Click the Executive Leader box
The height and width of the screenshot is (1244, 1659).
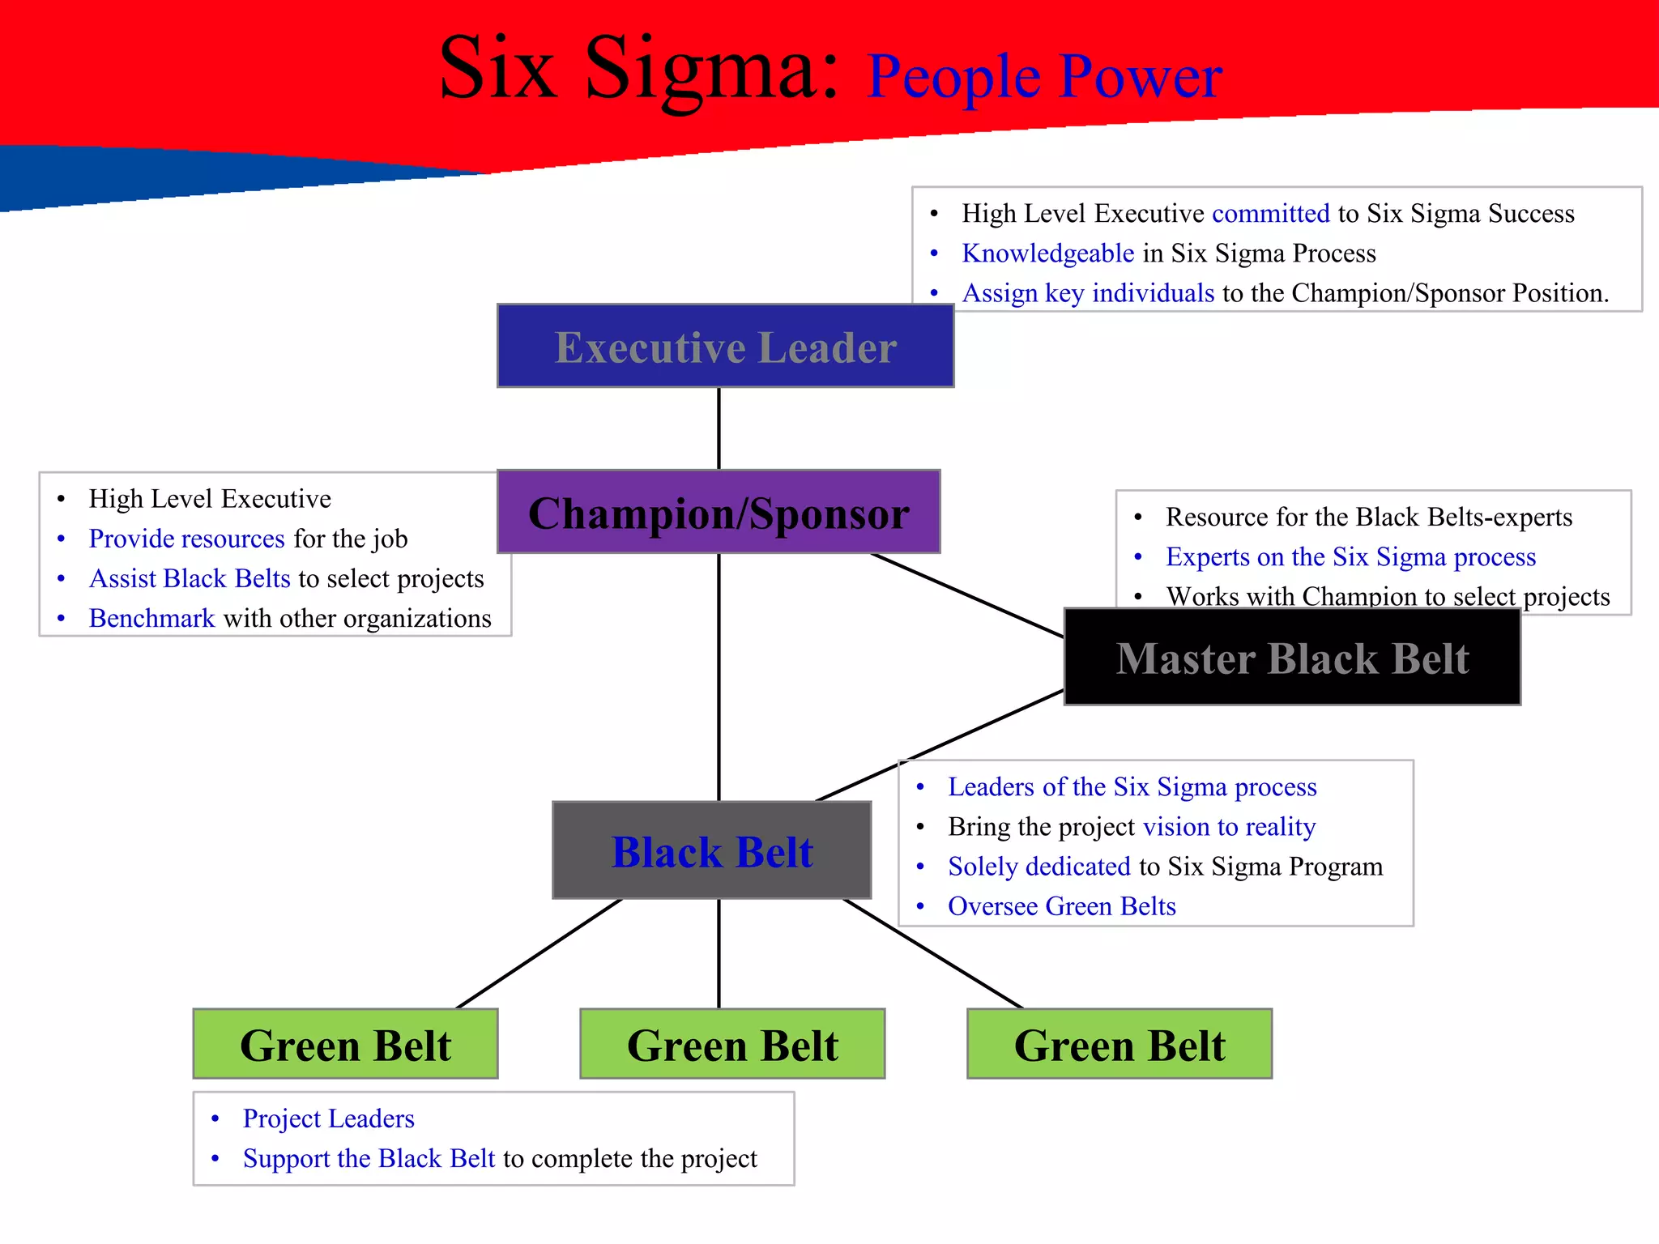coord(725,347)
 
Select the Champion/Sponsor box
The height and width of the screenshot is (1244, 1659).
coord(719,512)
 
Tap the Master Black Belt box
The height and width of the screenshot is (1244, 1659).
coord(1292,658)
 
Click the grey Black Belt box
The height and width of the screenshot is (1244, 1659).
coord(711,850)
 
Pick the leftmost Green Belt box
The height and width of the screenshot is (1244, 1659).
coord(345,1044)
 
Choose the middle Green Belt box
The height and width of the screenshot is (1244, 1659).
coord(732,1044)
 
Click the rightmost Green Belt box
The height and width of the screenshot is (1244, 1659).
coord(1120,1044)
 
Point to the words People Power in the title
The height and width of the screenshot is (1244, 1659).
coord(1044,76)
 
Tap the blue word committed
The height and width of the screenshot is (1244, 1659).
coord(1270,213)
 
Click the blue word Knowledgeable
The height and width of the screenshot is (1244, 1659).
coord(1047,253)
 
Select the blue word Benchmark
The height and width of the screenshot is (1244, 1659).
coord(151,618)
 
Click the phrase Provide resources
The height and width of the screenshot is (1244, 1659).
coord(186,539)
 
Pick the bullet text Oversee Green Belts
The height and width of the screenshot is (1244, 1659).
coord(1061,906)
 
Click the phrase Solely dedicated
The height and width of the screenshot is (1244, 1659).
coord(1038,867)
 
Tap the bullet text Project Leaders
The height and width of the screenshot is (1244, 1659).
coord(328,1118)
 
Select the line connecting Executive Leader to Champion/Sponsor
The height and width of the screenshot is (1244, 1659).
coord(719,428)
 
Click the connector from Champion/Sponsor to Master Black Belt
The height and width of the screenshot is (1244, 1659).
coord(966,595)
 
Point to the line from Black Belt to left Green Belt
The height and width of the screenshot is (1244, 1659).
coord(539,953)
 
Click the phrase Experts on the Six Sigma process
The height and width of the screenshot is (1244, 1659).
coord(1350,557)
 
